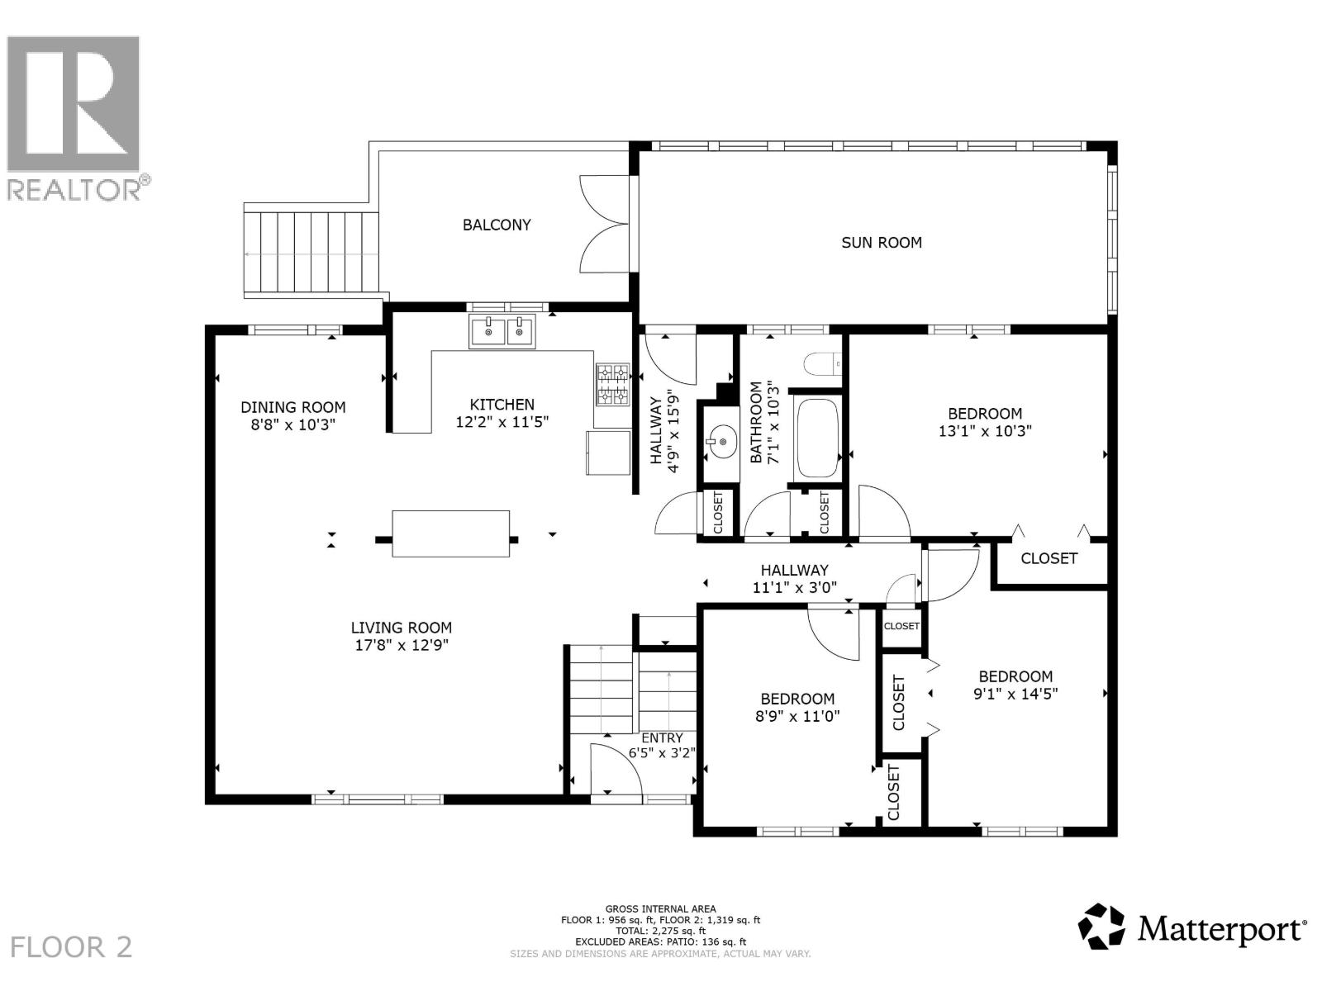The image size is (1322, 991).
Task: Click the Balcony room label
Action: pos(497,225)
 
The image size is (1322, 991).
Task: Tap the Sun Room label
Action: pos(881,243)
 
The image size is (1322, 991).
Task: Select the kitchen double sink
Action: pos(502,331)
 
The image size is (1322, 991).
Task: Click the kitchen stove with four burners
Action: pos(612,385)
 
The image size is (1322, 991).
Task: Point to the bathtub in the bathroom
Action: pos(816,439)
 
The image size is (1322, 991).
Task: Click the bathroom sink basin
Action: pos(720,443)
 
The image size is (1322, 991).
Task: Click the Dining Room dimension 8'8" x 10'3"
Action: pos(292,424)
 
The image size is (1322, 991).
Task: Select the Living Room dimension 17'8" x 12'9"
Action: pos(402,646)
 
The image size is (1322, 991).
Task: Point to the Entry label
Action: pos(662,738)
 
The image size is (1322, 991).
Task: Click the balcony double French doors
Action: pos(606,224)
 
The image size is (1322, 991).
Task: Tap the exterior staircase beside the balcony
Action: pos(311,253)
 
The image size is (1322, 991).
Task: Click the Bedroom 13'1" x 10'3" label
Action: pos(985,422)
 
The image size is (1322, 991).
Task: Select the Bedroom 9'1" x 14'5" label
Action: pos(1015,685)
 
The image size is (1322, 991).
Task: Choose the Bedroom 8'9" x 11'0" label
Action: pos(797,708)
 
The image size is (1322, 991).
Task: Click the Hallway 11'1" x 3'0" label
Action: pos(794,579)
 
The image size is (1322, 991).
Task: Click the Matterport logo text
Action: pos(1221,930)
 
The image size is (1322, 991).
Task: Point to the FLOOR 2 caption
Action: pos(73,946)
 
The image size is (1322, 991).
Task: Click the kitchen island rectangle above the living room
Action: pos(450,534)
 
